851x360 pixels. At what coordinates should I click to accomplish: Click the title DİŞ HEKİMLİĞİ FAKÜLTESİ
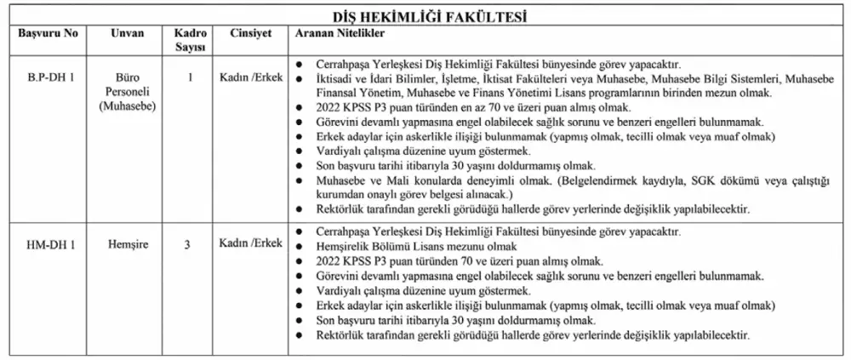(x=425, y=17)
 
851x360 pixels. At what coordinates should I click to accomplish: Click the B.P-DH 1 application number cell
(x=49, y=77)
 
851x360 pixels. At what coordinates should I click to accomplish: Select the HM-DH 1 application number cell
(x=49, y=244)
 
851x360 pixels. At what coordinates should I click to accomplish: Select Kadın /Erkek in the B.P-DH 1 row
(x=249, y=77)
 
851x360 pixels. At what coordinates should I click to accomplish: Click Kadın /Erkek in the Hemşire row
(x=249, y=244)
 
